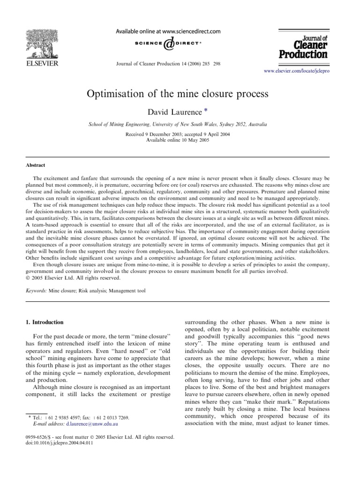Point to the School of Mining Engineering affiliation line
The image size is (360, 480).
tap(178, 125)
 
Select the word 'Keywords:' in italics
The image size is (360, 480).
tap(36, 291)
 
